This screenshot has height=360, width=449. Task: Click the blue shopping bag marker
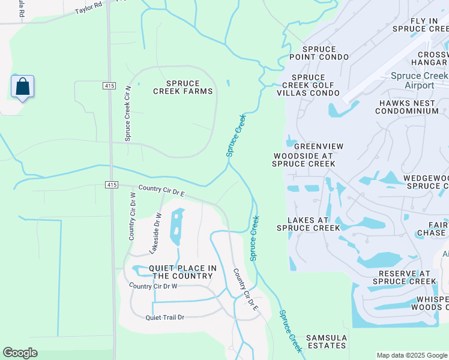point(22,87)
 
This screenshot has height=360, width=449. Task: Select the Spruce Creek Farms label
point(183,86)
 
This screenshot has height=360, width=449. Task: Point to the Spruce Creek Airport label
point(419,80)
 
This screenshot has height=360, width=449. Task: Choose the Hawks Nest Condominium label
point(408,107)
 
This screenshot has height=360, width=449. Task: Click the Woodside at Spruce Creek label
point(303,159)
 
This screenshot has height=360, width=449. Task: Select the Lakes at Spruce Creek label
point(308,224)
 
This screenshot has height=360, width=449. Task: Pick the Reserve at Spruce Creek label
point(404,277)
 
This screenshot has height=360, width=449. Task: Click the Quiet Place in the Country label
point(182,272)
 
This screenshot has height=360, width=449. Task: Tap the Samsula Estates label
point(326,341)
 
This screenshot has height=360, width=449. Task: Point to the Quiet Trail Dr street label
point(164,317)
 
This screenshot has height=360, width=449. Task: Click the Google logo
point(20,353)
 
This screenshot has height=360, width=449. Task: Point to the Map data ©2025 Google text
point(411,355)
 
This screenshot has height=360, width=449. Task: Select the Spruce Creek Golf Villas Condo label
point(316,85)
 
